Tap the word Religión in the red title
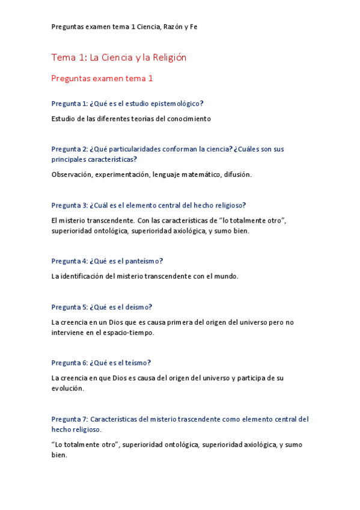pos(165,58)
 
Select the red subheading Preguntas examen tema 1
pos(102,78)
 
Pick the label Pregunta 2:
pos(70,149)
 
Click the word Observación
pos(72,174)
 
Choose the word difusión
pos(237,174)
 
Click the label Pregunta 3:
pos(70,205)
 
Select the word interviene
pos(69,332)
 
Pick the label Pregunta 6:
pos(70,363)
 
